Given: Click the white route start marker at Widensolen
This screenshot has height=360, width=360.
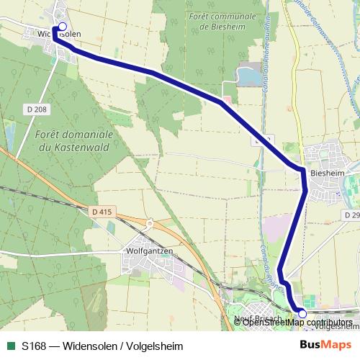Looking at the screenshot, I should coord(61,27).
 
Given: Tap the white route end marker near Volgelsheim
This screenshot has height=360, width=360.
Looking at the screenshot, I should coord(302,313).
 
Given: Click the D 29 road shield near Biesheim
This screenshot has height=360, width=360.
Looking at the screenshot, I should coord(351,215).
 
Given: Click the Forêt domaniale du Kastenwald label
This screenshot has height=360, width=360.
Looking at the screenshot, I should coord(74,141).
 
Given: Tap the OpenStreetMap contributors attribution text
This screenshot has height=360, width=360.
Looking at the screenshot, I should coord(297,322).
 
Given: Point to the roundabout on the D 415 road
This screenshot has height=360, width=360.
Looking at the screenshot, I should coord(149,224).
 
